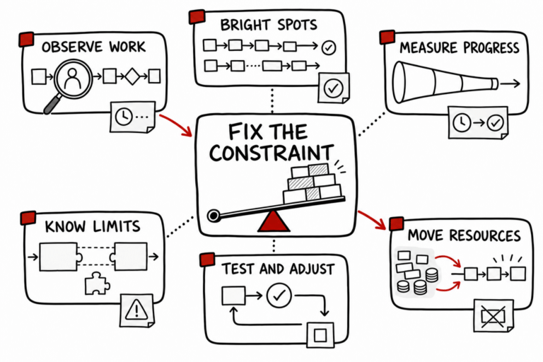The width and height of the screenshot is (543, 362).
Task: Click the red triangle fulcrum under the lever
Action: click(x=274, y=222)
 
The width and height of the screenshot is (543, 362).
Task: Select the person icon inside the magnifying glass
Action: click(x=73, y=78)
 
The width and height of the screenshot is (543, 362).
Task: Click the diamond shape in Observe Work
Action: click(x=132, y=76)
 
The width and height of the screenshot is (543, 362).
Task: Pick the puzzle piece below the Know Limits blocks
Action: click(x=98, y=284)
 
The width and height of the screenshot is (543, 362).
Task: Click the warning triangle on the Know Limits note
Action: click(x=136, y=310)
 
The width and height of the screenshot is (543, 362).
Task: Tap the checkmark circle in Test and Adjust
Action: click(x=279, y=296)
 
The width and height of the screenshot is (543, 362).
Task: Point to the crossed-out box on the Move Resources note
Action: click(x=493, y=316)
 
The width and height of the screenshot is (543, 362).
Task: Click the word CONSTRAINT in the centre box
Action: click(x=271, y=153)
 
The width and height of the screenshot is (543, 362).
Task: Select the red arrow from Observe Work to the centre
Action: click(x=176, y=124)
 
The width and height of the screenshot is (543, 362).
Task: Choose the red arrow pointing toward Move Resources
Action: click(x=373, y=220)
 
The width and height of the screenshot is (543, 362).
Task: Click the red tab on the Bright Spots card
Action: click(x=197, y=17)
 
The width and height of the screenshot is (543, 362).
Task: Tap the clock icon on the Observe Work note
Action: click(x=124, y=117)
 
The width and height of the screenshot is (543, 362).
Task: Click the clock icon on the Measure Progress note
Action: click(x=462, y=122)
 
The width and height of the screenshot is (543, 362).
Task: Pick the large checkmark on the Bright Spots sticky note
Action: click(x=333, y=88)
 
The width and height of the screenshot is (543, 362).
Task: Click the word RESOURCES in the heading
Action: click(x=485, y=235)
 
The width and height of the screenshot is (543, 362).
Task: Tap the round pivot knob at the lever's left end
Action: click(x=214, y=216)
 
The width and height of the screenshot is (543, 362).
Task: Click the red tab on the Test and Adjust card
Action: click(x=207, y=259)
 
